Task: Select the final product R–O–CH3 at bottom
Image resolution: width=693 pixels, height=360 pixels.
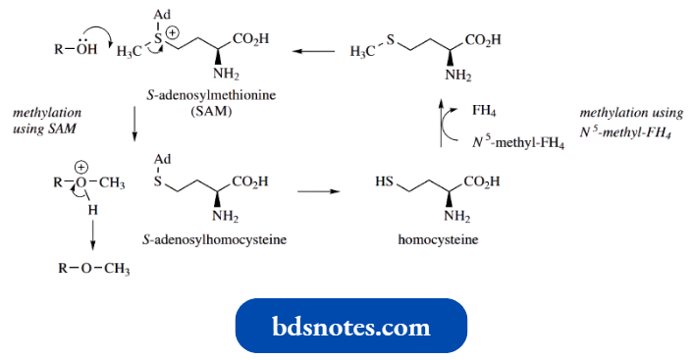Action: pos(91,269)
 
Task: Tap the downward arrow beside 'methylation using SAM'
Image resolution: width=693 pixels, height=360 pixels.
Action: pos(133,124)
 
